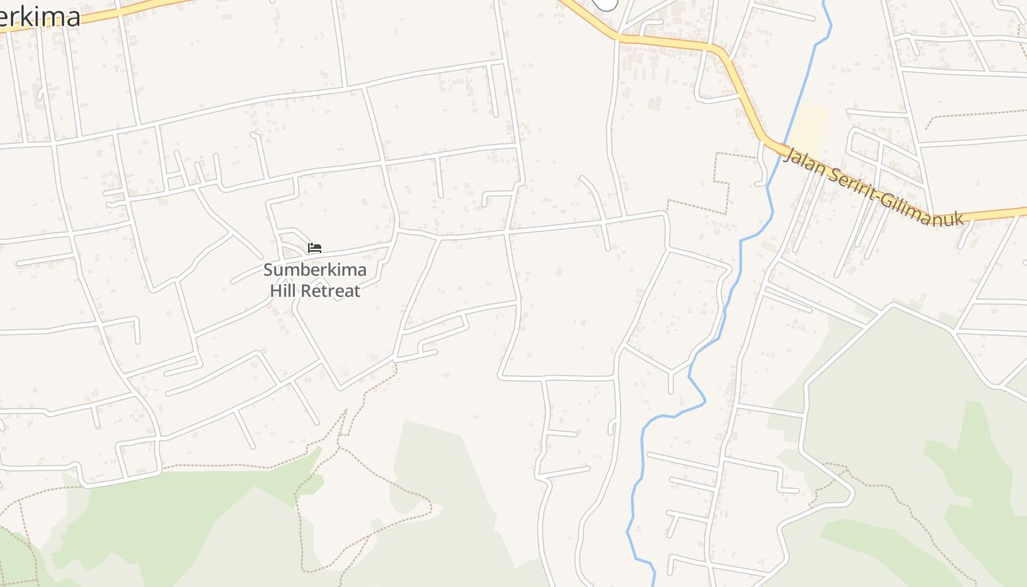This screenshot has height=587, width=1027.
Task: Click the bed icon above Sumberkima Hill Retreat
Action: [x=315, y=248]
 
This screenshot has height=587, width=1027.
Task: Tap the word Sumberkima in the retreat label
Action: [x=315, y=270]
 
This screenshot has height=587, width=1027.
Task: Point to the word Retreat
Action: [x=332, y=291]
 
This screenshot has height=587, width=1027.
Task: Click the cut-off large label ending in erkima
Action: [x=40, y=16]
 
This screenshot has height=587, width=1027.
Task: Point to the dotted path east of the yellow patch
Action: [x=976, y=114]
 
